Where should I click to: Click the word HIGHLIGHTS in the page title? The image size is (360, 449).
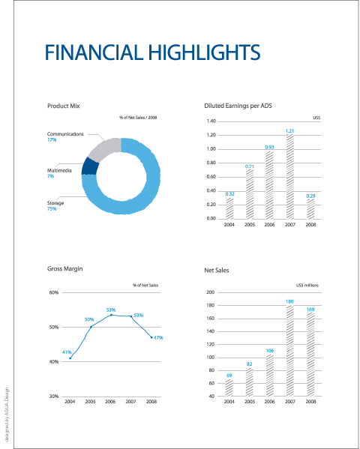(x=204, y=52)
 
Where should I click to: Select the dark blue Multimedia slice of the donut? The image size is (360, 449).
(x=90, y=166)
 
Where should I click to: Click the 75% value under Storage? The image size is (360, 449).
(x=52, y=208)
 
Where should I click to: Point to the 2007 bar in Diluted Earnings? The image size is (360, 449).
(x=290, y=176)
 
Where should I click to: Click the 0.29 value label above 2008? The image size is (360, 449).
(x=310, y=196)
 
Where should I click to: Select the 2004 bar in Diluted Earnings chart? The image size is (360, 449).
(x=229, y=208)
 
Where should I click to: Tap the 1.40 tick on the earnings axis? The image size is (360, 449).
(x=211, y=121)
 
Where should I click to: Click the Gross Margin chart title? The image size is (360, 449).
(x=65, y=268)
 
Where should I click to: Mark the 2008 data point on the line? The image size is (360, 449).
(x=151, y=337)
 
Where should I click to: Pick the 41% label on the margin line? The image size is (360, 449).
(x=67, y=352)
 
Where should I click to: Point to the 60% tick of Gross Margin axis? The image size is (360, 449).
(x=54, y=292)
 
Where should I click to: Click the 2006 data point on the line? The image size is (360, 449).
(x=111, y=315)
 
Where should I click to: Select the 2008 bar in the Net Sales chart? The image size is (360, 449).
(x=310, y=355)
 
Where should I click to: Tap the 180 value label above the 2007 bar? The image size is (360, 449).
(x=289, y=301)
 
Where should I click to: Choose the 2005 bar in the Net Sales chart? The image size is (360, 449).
(x=250, y=382)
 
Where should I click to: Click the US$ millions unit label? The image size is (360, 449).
(x=307, y=285)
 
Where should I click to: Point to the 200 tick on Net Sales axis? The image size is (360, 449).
(x=211, y=292)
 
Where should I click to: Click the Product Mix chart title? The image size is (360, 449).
(x=63, y=106)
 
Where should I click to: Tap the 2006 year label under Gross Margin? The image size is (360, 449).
(x=110, y=402)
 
